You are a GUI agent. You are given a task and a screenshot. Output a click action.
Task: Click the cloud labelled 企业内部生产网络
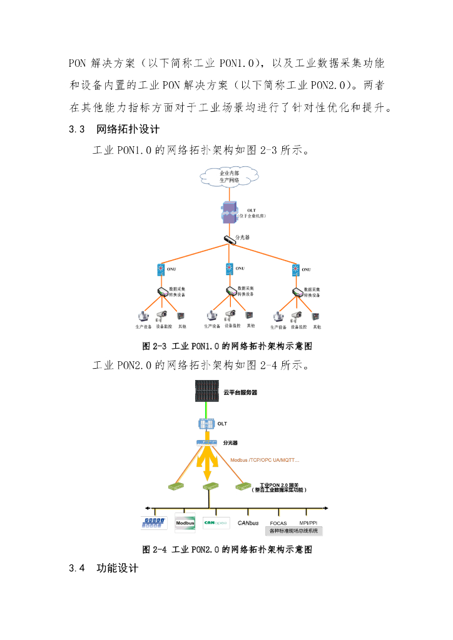229,176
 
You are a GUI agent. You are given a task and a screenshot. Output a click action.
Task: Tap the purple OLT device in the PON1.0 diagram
229,212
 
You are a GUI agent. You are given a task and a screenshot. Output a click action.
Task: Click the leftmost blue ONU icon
161,269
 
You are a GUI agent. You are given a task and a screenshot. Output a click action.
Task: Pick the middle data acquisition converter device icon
230,292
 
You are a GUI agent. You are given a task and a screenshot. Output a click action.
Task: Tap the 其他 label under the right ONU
317,327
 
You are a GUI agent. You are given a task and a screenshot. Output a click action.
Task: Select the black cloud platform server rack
207,392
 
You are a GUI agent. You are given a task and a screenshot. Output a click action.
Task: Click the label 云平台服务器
240,393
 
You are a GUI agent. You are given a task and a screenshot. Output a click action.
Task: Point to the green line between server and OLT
207,411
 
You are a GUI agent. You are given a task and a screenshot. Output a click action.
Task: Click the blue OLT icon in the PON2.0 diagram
206,424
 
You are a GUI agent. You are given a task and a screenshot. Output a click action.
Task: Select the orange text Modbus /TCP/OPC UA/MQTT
265,461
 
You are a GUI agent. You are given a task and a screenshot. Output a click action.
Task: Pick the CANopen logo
216,522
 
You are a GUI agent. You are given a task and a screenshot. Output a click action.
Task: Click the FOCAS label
278,523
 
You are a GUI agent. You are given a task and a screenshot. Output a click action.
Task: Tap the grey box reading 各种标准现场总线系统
293,531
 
